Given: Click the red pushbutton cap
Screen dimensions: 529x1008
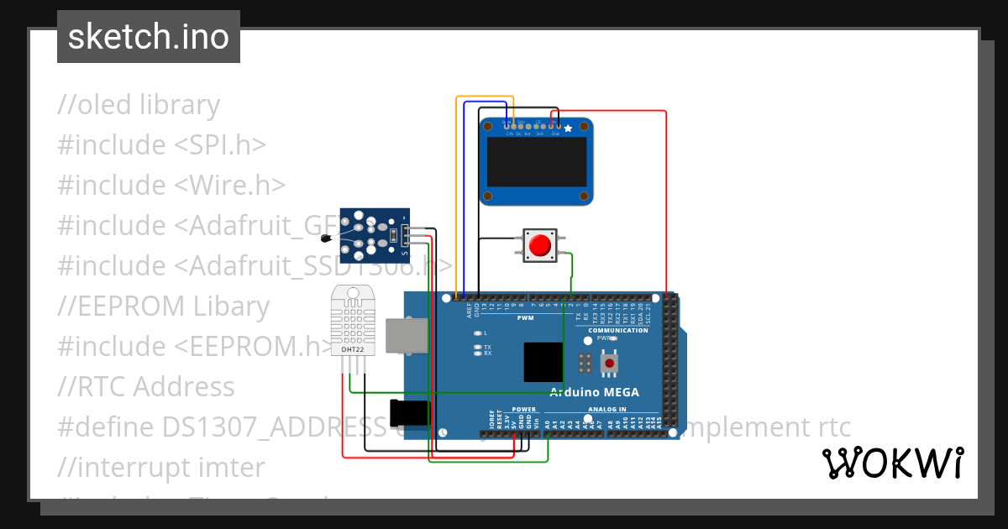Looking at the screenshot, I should click(x=539, y=245).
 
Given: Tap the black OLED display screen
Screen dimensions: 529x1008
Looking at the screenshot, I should click(x=537, y=163).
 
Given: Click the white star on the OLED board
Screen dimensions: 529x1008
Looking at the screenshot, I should click(x=569, y=128).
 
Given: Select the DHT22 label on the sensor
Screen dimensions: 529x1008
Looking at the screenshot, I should click(x=352, y=348).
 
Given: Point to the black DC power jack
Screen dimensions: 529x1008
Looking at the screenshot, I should click(x=410, y=412).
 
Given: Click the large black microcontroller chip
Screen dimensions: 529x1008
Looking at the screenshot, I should click(x=543, y=362).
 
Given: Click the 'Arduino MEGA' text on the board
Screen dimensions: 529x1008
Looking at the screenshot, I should click(x=595, y=392).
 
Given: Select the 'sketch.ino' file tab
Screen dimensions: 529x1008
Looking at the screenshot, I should click(x=149, y=37).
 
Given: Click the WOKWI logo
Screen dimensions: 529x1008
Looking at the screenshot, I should click(x=892, y=463).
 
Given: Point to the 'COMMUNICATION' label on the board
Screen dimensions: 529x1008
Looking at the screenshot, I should click(x=618, y=330).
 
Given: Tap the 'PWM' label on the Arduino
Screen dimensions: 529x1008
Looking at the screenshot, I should click(x=526, y=318).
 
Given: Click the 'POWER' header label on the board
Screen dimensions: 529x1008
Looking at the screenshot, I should click(x=523, y=410).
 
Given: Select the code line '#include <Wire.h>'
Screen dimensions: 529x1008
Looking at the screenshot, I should click(x=171, y=185).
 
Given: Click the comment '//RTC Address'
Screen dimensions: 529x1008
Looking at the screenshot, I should click(x=146, y=386).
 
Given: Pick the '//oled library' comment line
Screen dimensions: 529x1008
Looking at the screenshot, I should click(x=139, y=105).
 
